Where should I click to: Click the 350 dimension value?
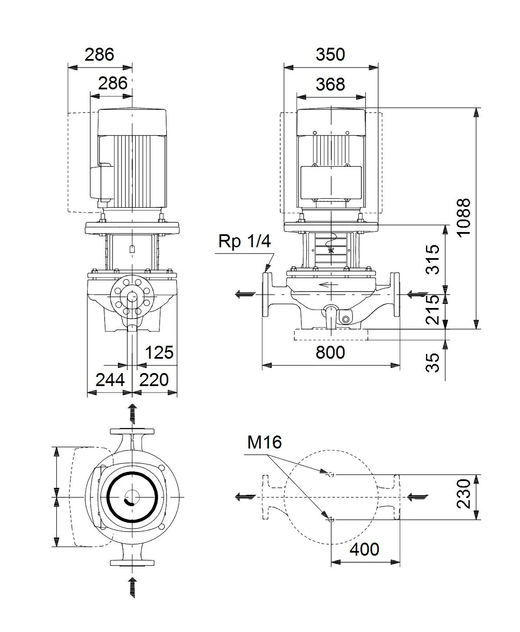pyautogui.click(x=330, y=55)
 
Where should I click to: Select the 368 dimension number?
pyautogui.click(x=330, y=84)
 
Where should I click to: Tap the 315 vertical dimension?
pyautogui.click(x=432, y=259)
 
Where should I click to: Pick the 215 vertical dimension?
pyautogui.click(x=432, y=310)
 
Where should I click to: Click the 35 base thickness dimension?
pyautogui.click(x=432, y=363)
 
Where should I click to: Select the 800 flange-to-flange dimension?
pyautogui.click(x=330, y=352)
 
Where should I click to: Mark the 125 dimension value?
pyautogui.click(x=159, y=352)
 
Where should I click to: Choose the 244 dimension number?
pyautogui.click(x=110, y=380)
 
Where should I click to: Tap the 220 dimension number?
pyautogui.click(x=153, y=380)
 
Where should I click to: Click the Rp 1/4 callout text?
pyautogui.click(x=244, y=242)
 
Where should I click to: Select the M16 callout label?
pyautogui.click(x=264, y=442)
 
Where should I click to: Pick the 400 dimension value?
pyautogui.click(x=364, y=549)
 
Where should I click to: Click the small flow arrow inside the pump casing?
pyautogui.click(x=328, y=285)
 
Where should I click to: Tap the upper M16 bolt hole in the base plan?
pyautogui.click(x=331, y=475)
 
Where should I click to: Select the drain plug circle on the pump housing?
pyautogui.click(x=345, y=319)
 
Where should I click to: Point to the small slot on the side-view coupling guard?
pyautogui.click(x=132, y=249)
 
